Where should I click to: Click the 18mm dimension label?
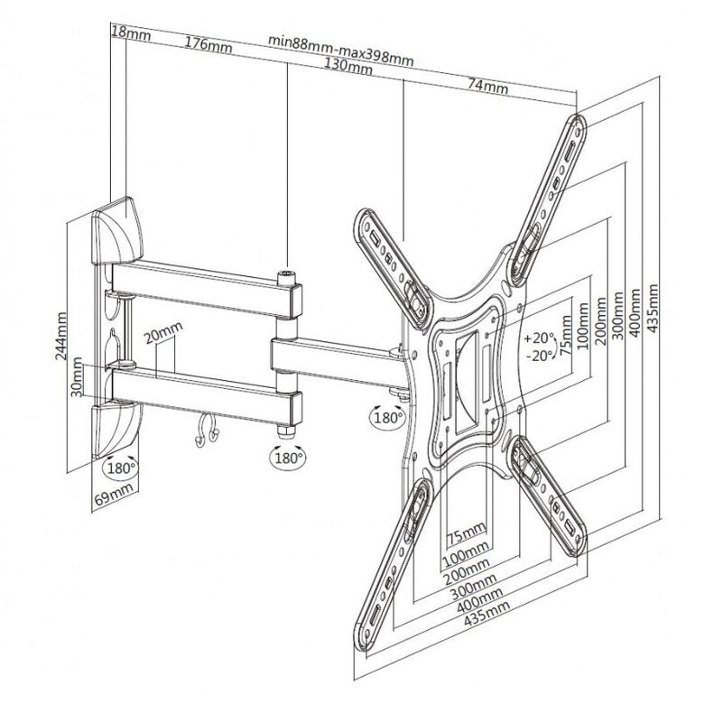pos(131,32)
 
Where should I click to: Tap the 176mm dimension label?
pos(208,44)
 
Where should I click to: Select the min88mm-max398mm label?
pos(341,51)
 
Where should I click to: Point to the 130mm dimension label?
pos(348,66)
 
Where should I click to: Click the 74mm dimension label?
pos(488,86)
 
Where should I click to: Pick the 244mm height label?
pos(61,336)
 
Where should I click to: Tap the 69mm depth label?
pos(114,495)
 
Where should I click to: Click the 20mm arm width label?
pos(163,332)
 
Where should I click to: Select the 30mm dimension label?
pos(77,377)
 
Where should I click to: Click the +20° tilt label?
pos(540,338)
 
